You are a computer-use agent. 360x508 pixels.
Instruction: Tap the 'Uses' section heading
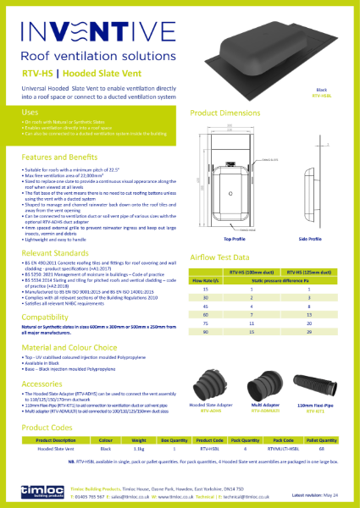click(30, 112)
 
